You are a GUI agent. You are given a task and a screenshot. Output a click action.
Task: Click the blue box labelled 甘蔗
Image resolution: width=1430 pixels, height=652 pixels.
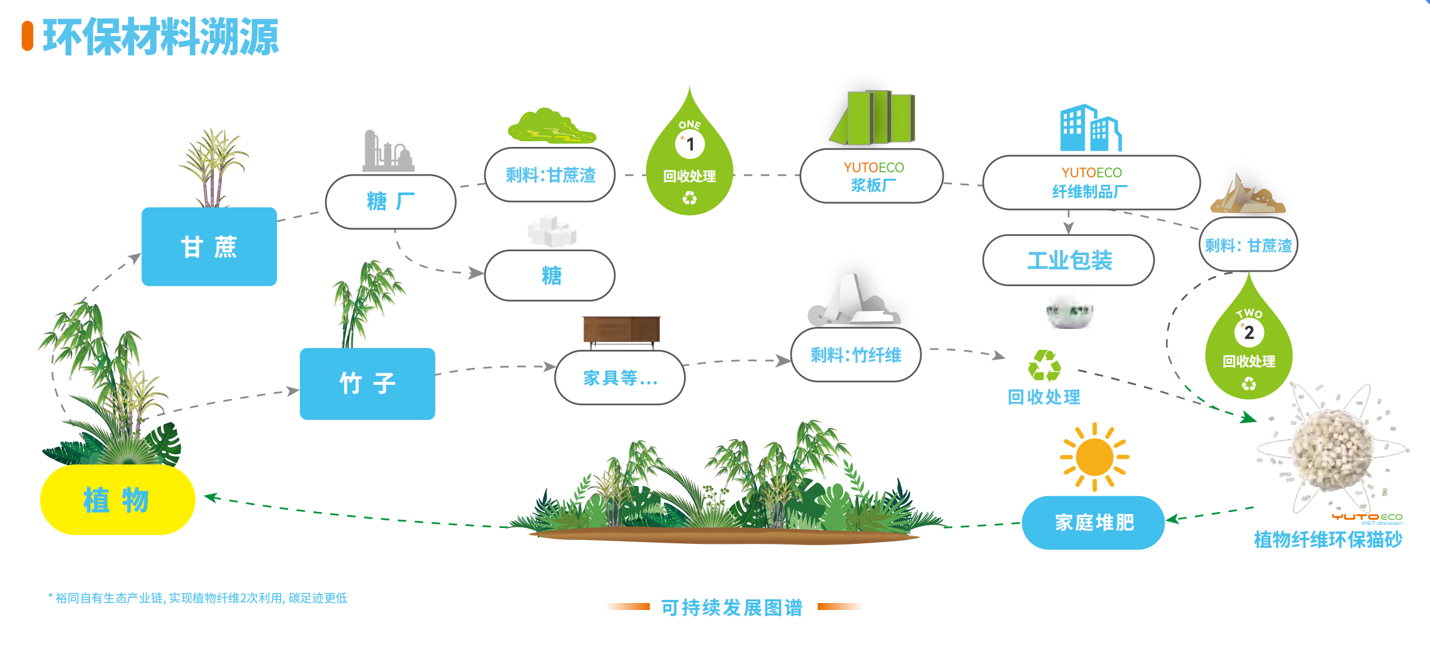209,246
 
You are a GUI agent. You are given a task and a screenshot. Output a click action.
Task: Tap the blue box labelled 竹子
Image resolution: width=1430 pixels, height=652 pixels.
367,384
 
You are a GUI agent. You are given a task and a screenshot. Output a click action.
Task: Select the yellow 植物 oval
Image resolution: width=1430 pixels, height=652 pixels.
117,500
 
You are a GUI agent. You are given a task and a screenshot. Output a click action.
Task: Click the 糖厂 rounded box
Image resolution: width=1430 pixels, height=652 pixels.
391,202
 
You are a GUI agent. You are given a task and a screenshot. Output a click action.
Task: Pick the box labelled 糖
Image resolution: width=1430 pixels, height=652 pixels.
550,275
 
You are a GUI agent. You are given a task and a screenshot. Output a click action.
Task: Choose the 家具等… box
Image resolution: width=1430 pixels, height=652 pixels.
620,378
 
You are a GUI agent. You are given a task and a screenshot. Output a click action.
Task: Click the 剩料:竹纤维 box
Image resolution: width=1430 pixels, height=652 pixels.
855,355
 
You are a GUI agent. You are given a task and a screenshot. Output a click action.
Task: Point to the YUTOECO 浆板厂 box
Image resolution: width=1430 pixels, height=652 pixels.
872,176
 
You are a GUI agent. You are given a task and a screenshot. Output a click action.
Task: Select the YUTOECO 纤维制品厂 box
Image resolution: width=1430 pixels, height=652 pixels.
1091,183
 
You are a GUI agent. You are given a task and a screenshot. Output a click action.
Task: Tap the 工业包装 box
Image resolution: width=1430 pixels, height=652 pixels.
1069,260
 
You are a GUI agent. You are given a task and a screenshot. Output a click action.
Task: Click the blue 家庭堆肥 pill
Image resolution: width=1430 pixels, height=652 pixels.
1093,522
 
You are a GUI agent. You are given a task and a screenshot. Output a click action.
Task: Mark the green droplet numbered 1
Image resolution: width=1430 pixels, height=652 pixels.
690,156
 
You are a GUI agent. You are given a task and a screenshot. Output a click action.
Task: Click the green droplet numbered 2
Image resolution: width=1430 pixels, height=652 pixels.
1249,340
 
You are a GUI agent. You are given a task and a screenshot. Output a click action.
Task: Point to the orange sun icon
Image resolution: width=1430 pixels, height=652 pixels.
1094,457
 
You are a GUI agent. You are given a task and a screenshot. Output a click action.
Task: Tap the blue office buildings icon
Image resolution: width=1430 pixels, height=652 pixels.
1091,128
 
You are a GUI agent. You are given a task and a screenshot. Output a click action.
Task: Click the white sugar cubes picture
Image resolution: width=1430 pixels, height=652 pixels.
552,231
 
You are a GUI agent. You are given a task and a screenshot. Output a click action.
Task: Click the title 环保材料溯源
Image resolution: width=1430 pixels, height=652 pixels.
160,37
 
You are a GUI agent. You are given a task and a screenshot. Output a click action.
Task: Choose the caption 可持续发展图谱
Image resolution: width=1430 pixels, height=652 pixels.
732,607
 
